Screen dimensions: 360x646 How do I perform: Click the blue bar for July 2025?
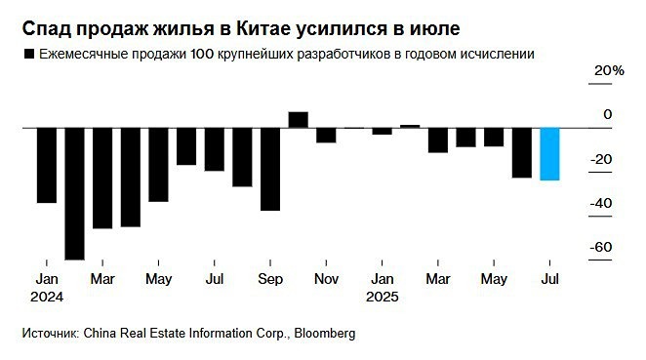(x=549, y=153)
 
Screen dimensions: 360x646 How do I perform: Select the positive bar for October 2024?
(x=298, y=119)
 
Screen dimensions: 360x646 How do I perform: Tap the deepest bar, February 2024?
(x=74, y=193)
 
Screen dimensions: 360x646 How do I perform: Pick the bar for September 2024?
(x=269, y=168)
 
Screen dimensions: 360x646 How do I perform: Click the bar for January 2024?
(x=46, y=165)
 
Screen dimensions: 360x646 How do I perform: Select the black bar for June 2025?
(x=522, y=152)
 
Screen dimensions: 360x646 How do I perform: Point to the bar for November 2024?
(x=326, y=135)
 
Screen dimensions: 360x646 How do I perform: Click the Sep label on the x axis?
(x=270, y=279)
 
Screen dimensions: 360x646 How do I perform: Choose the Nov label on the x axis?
(x=326, y=279)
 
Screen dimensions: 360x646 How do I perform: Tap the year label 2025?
(x=383, y=295)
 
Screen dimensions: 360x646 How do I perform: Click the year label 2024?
(x=46, y=295)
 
